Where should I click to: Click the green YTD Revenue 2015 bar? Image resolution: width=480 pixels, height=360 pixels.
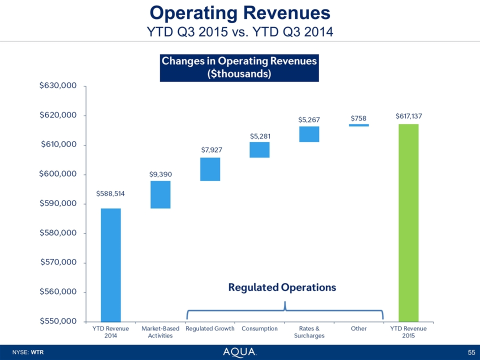[x=408, y=222]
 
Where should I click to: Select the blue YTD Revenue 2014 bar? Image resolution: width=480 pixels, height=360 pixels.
[x=110, y=265]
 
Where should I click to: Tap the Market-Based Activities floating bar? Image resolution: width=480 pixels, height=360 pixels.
[x=160, y=194]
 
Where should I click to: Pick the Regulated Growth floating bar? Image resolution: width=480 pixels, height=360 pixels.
[x=210, y=169]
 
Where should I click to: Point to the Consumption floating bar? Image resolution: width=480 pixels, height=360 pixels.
[x=259, y=150]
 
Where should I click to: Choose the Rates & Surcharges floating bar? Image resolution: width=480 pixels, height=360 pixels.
[x=309, y=134]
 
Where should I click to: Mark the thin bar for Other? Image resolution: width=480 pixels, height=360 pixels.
[x=358, y=125]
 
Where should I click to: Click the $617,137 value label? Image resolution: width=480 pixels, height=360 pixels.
[x=408, y=116]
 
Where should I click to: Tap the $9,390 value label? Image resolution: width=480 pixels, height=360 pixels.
[x=160, y=174]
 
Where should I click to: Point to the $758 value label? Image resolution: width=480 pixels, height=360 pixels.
[x=358, y=118]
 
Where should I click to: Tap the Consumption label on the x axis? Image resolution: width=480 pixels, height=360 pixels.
[x=259, y=328]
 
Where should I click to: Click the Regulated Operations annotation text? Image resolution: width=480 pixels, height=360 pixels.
[x=282, y=287]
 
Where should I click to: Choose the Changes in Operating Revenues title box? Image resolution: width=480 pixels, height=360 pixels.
[x=239, y=67]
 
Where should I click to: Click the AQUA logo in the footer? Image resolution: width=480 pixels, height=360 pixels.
[x=240, y=352]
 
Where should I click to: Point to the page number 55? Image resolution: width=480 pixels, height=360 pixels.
[x=471, y=352]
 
